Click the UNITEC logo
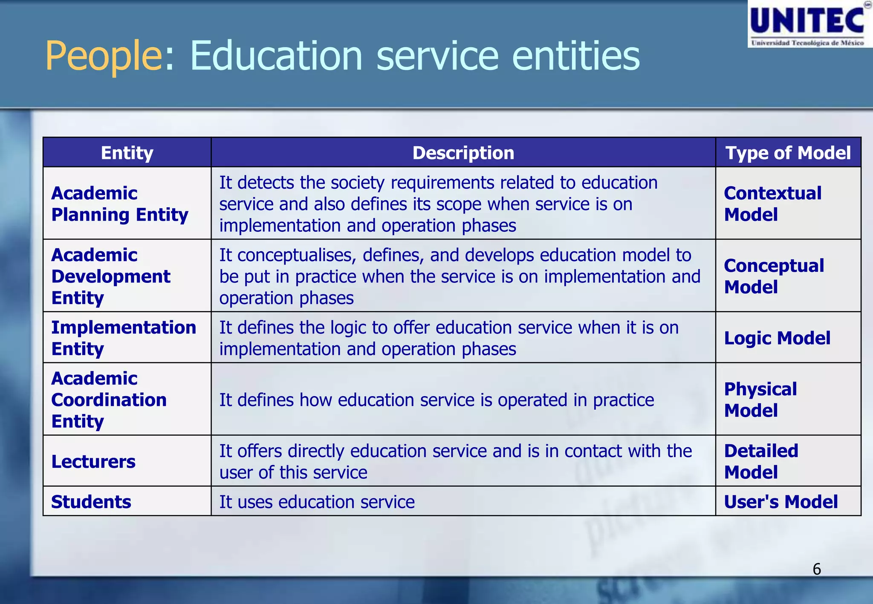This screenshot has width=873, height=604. [809, 24]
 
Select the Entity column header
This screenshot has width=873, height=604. [127, 153]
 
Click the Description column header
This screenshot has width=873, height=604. [463, 153]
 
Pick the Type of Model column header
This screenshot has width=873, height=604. [788, 153]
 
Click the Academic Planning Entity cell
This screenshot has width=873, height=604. [120, 204]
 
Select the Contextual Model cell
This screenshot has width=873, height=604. [772, 204]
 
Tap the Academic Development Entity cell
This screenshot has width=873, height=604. [111, 276]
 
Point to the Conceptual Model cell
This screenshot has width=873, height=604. [774, 276]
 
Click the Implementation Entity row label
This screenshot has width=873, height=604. [124, 338]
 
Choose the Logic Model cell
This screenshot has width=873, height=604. [777, 338]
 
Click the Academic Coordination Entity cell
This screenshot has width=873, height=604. [109, 400]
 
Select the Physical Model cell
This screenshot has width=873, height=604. [760, 400]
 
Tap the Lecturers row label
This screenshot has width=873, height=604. [93, 462]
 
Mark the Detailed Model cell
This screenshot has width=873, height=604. [761, 462]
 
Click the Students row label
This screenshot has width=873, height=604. [91, 502]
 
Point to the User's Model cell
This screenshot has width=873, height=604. [781, 502]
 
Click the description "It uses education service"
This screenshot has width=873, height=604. [317, 502]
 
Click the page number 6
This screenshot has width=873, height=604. [816, 569]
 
